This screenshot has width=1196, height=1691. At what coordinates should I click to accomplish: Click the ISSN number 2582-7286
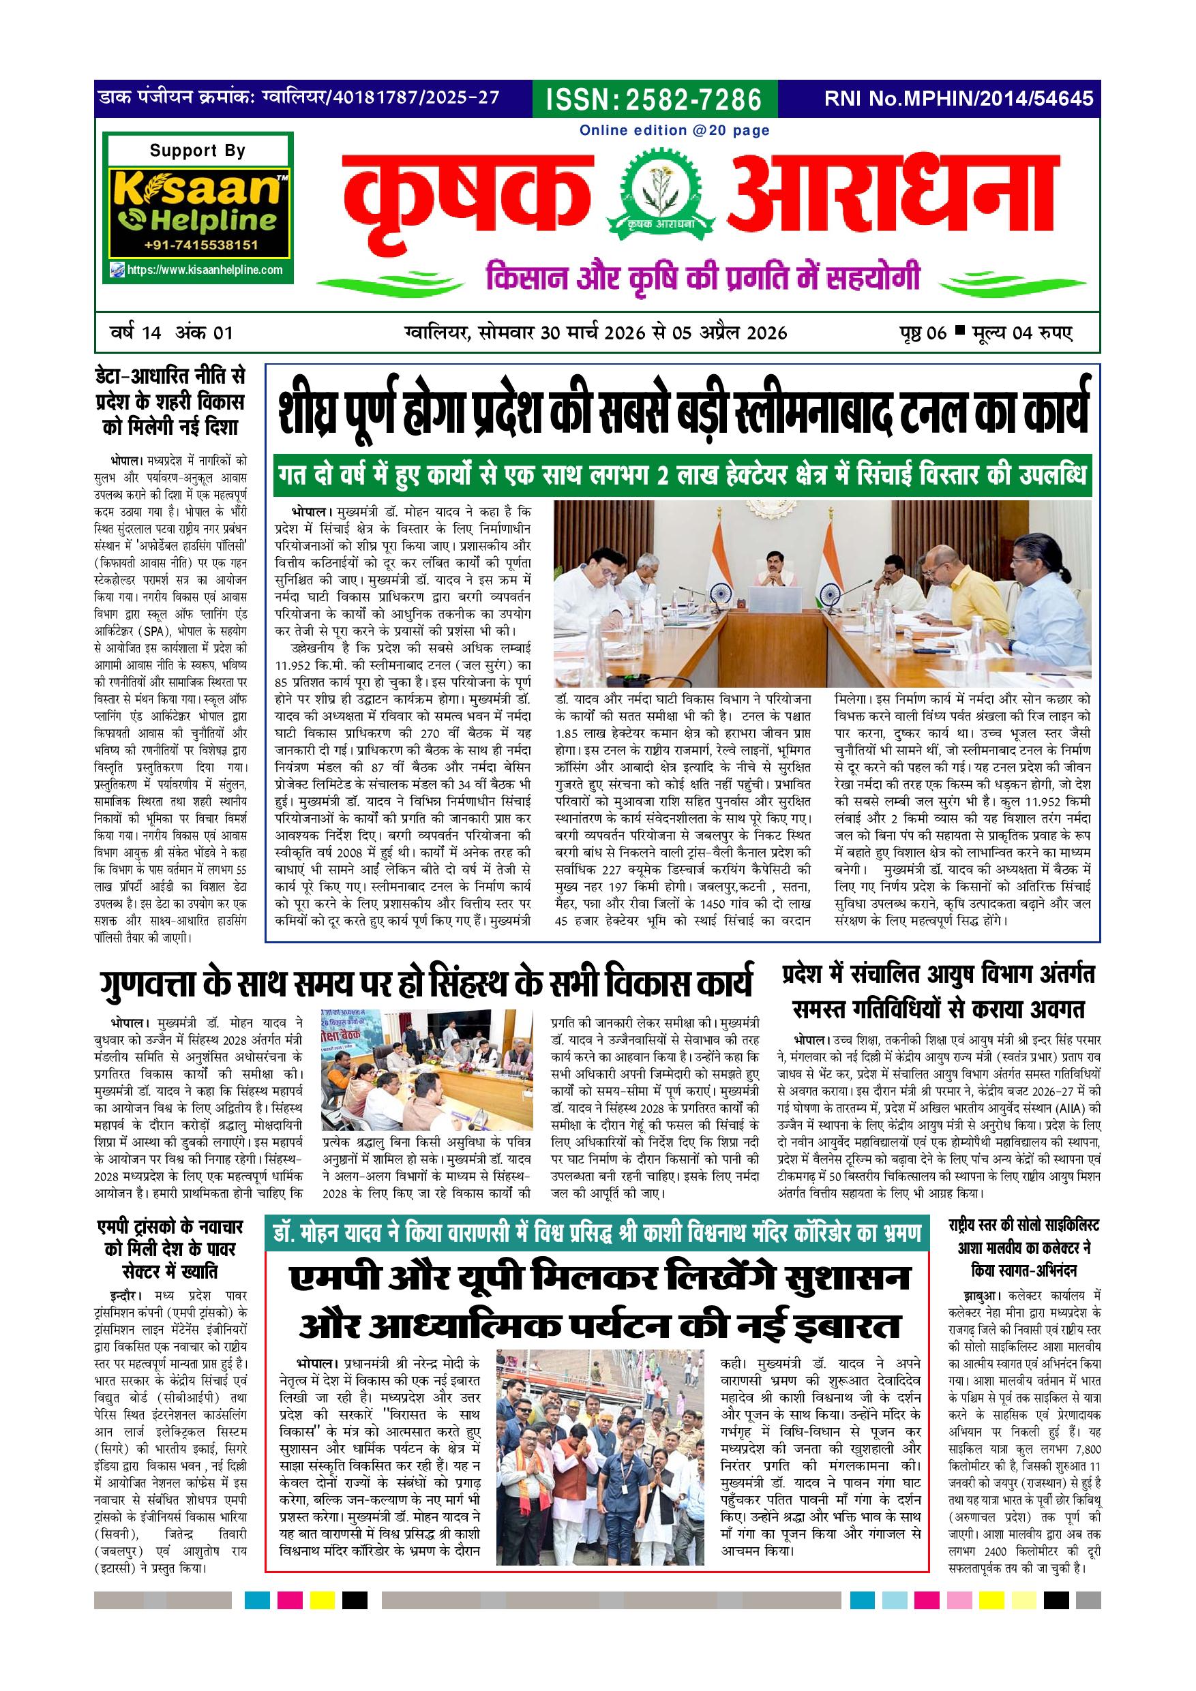(x=655, y=99)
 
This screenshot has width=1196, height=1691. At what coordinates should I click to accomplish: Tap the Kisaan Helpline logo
(x=198, y=202)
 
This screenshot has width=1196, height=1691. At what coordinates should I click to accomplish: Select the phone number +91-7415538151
(x=200, y=245)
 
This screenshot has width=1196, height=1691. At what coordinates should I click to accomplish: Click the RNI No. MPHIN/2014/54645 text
(x=958, y=99)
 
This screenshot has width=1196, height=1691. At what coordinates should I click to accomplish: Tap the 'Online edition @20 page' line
(x=674, y=130)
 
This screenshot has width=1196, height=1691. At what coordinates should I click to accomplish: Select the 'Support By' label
(x=198, y=151)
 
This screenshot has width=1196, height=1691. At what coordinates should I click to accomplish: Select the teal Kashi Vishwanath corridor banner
(x=597, y=1234)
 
